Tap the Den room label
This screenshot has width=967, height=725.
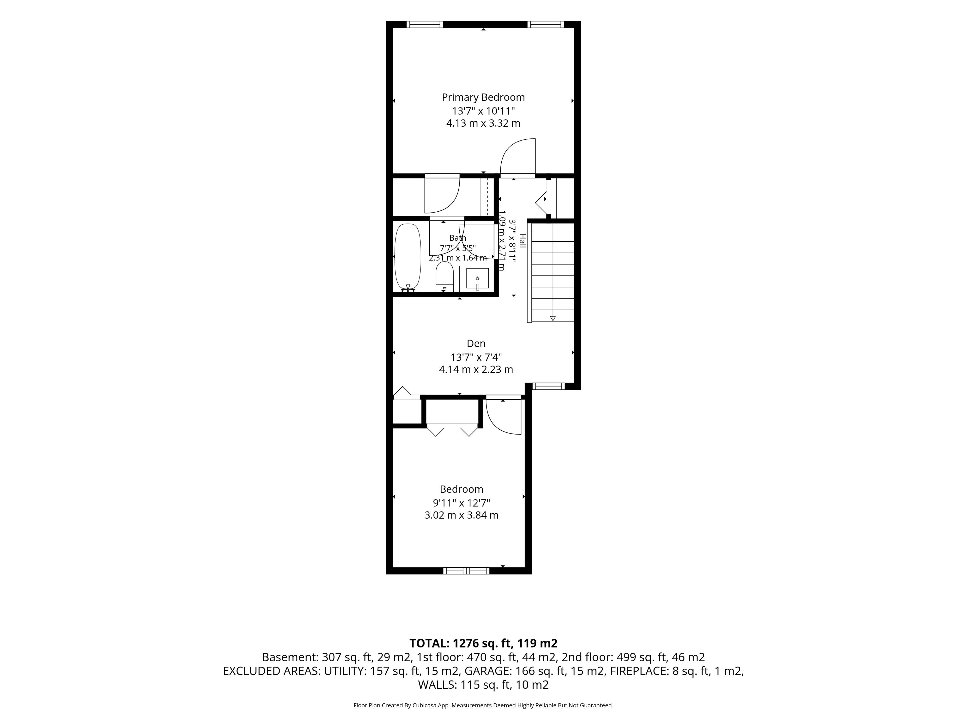click(476, 343)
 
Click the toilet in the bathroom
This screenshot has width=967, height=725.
click(444, 276)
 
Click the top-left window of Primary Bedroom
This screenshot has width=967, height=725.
click(425, 24)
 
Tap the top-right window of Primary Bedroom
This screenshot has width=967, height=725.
click(546, 24)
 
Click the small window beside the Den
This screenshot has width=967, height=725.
click(549, 386)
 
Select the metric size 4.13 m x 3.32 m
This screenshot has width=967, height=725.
click(483, 123)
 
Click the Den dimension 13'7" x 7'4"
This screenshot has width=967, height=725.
click(476, 357)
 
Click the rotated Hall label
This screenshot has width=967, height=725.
click(523, 241)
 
